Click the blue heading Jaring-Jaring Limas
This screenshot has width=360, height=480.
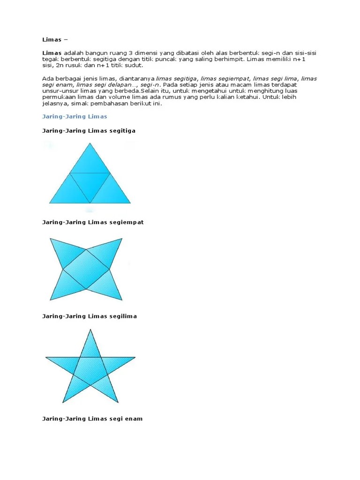click(75, 116)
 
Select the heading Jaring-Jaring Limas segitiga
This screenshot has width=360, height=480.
click(89, 131)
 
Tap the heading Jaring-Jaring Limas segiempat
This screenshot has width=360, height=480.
click(93, 222)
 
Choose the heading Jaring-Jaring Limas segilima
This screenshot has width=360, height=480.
click(90, 316)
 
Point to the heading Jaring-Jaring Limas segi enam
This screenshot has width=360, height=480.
click(92, 419)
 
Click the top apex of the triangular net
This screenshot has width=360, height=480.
click(90, 144)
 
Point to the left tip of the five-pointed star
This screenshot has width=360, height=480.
click(47, 358)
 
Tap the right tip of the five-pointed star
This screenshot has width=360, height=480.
click(134, 358)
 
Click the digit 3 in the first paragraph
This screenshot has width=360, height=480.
click(132, 53)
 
